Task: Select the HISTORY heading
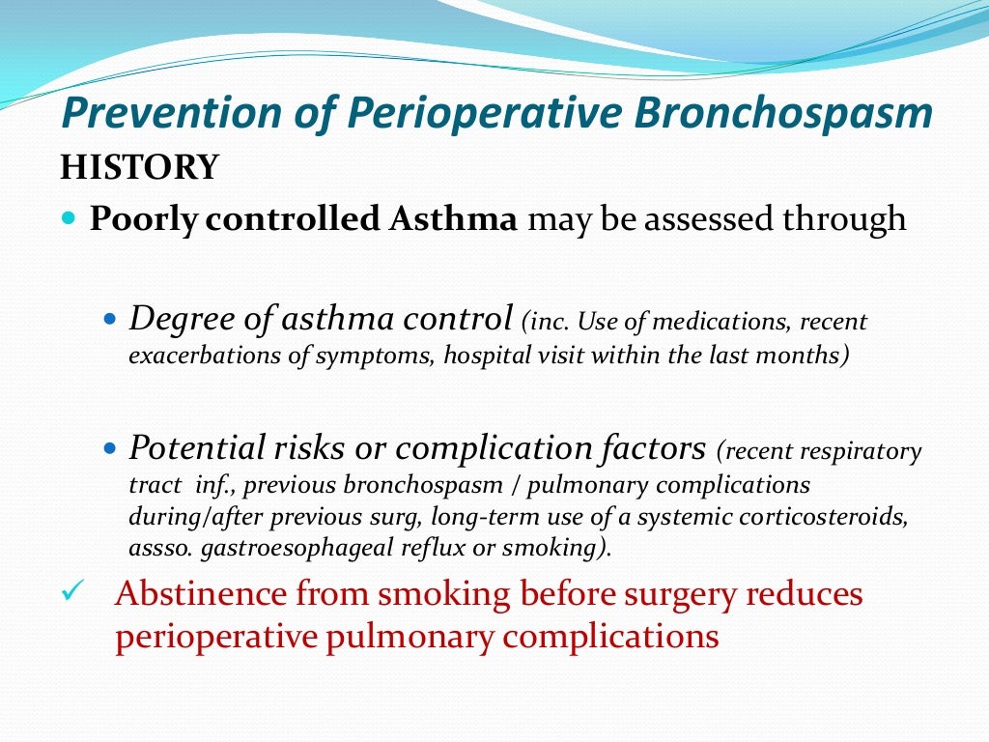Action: pos(139,167)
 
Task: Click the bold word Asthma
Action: pos(454,219)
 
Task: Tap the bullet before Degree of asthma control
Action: pos(108,318)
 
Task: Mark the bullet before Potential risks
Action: pos(108,449)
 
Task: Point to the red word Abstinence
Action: pos(200,593)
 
